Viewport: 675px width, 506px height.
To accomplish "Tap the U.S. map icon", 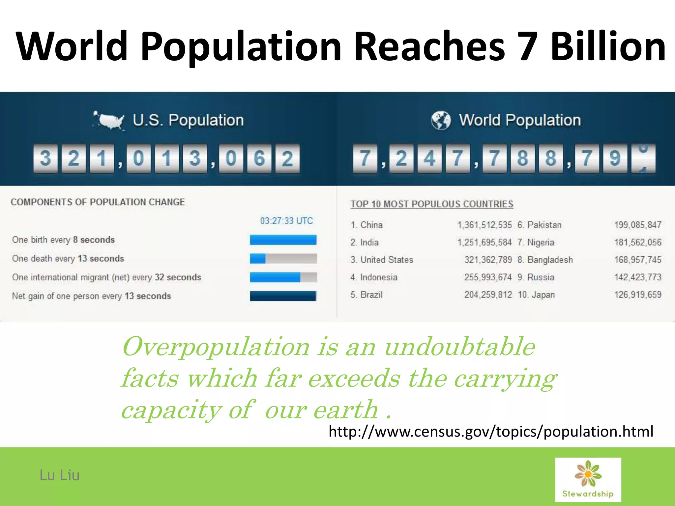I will tap(109, 120).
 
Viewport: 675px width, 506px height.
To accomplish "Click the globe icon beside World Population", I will tap(441, 120).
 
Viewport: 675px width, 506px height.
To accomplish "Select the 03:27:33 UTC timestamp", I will tap(286, 221).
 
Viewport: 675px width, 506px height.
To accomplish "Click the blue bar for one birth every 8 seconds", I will tap(283, 240).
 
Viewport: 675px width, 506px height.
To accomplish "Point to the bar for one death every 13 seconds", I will tap(283, 259).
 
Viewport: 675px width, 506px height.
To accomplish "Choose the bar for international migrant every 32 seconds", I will tap(283, 277).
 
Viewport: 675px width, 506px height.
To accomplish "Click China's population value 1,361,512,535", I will tap(484, 225).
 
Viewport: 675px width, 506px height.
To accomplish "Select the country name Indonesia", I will tap(379, 277).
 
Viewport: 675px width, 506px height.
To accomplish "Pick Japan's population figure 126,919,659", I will tap(637, 295).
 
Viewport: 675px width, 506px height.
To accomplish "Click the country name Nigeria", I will tap(541, 242).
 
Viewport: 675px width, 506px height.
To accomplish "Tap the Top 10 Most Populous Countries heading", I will tap(432, 204).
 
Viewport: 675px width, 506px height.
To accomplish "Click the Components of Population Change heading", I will tap(98, 202).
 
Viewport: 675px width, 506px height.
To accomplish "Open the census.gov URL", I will tap(491, 432).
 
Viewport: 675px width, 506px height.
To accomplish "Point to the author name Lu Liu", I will tap(60, 475).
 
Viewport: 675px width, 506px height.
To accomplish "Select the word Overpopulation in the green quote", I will tap(216, 347).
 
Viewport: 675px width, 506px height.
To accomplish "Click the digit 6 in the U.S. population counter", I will tap(259, 158).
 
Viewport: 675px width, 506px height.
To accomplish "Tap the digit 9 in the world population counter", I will tap(615, 158).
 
